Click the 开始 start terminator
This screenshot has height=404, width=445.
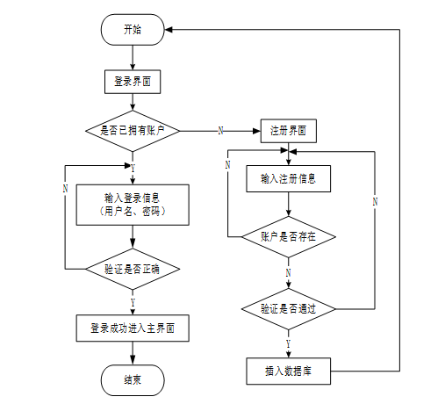click(x=133, y=30)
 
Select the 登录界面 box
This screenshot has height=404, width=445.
click(x=133, y=82)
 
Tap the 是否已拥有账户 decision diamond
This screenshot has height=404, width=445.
click(x=133, y=131)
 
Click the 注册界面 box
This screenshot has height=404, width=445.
click(x=289, y=131)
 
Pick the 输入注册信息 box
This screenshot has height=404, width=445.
click(x=289, y=178)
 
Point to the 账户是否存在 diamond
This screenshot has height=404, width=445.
click(x=289, y=237)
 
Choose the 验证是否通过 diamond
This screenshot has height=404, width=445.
click(x=289, y=309)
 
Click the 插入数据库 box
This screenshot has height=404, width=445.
click(x=289, y=371)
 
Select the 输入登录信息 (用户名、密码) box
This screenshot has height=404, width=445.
click(x=133, y=205)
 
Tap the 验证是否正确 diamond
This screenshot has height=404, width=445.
click(x=133, y=269)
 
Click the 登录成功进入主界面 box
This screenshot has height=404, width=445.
click(x=133, y=328)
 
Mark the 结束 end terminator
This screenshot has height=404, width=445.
click(x=133, y=380)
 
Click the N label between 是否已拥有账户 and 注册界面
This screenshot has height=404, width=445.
click(x=221, y=131)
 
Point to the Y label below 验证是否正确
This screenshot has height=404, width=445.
click(x=133, y=302)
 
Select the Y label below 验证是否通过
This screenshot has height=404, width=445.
click(x=289, y=343)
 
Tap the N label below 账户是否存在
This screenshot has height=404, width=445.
click(x=289, y=273)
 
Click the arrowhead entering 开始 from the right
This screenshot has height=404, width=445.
click(x=169, y=30)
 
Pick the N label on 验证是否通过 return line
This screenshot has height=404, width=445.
click(x=375, y=202)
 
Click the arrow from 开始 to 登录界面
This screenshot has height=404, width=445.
click(x=133, y=57)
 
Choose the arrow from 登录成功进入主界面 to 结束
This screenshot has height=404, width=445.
click(x=133, y=353)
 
